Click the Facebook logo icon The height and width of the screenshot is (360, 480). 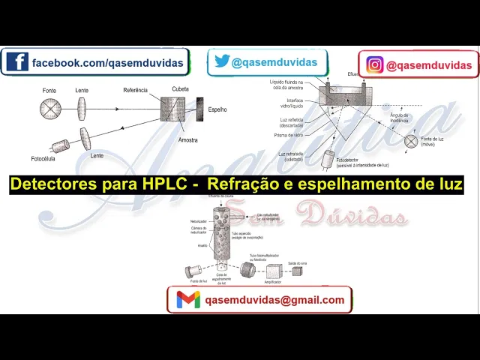(x=16, y=62)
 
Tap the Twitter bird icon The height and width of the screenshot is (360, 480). (x=221, y=62)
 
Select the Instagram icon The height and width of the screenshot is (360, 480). (x=374, y=65)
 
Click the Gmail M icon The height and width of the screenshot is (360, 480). (x=188, y=300)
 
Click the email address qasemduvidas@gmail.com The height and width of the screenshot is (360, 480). (x=274, y=300)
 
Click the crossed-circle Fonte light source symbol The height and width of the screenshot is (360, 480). (x=49, y=109)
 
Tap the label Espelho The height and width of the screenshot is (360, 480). (x=217, y=109)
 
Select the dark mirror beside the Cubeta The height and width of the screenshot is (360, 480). (x=199, y=108)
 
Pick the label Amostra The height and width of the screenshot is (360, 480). (x=188, y=140)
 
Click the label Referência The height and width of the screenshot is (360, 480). (x=136, y=91)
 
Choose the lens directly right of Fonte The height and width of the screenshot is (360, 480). (x=82, y=108)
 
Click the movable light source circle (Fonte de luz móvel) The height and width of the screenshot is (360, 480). (x=411, y=140)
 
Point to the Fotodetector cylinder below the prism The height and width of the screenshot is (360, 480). (x=328, y=160)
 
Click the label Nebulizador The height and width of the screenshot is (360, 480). (x=198, y=221)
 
